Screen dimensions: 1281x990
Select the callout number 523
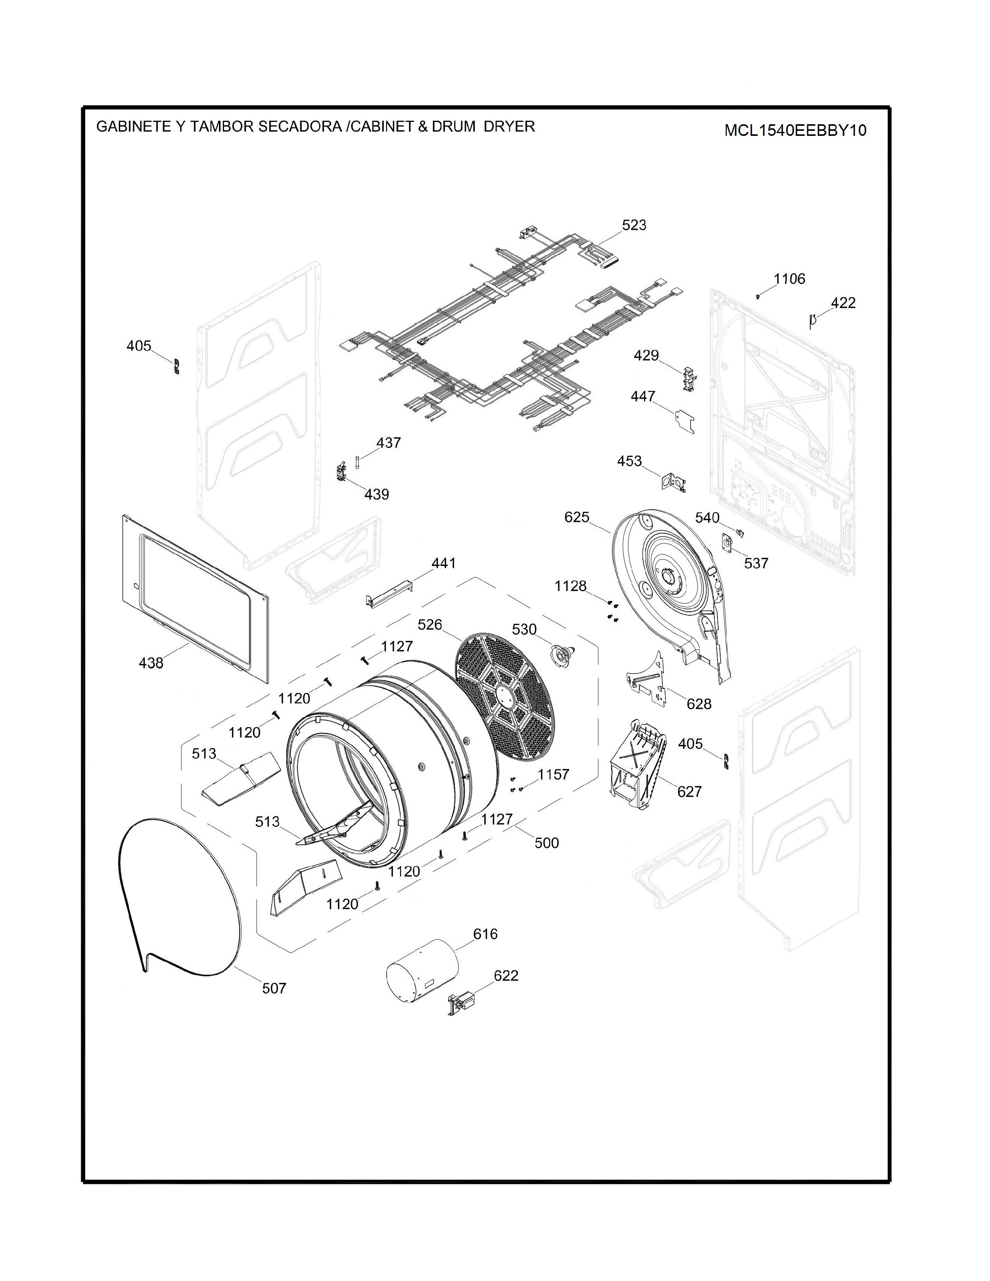[x=634, y=225]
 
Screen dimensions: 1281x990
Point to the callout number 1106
[x=789, y=279]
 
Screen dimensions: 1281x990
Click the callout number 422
[x=843, y=303]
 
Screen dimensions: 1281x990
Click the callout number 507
[x=274, y=988]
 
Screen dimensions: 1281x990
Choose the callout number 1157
[x=553, y=774]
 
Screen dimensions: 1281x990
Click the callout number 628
[x=698, y=703]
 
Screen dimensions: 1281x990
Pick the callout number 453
[x=629, y=461]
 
